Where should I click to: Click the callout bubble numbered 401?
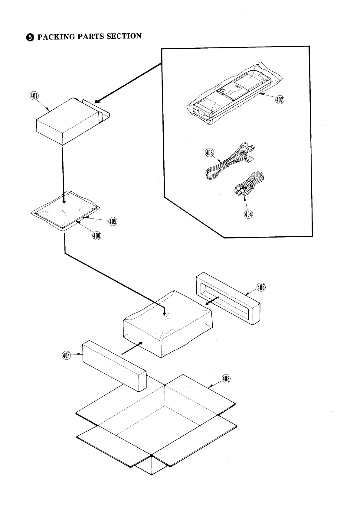34,96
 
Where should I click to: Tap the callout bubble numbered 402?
280,99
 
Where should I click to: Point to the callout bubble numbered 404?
248,214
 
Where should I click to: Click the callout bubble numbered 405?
113,222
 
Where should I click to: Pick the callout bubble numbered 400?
97,236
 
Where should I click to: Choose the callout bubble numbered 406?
261,287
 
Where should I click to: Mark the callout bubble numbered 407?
67,356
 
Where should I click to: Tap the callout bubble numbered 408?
226,379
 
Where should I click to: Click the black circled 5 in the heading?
30,37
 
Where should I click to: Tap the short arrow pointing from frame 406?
212,301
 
